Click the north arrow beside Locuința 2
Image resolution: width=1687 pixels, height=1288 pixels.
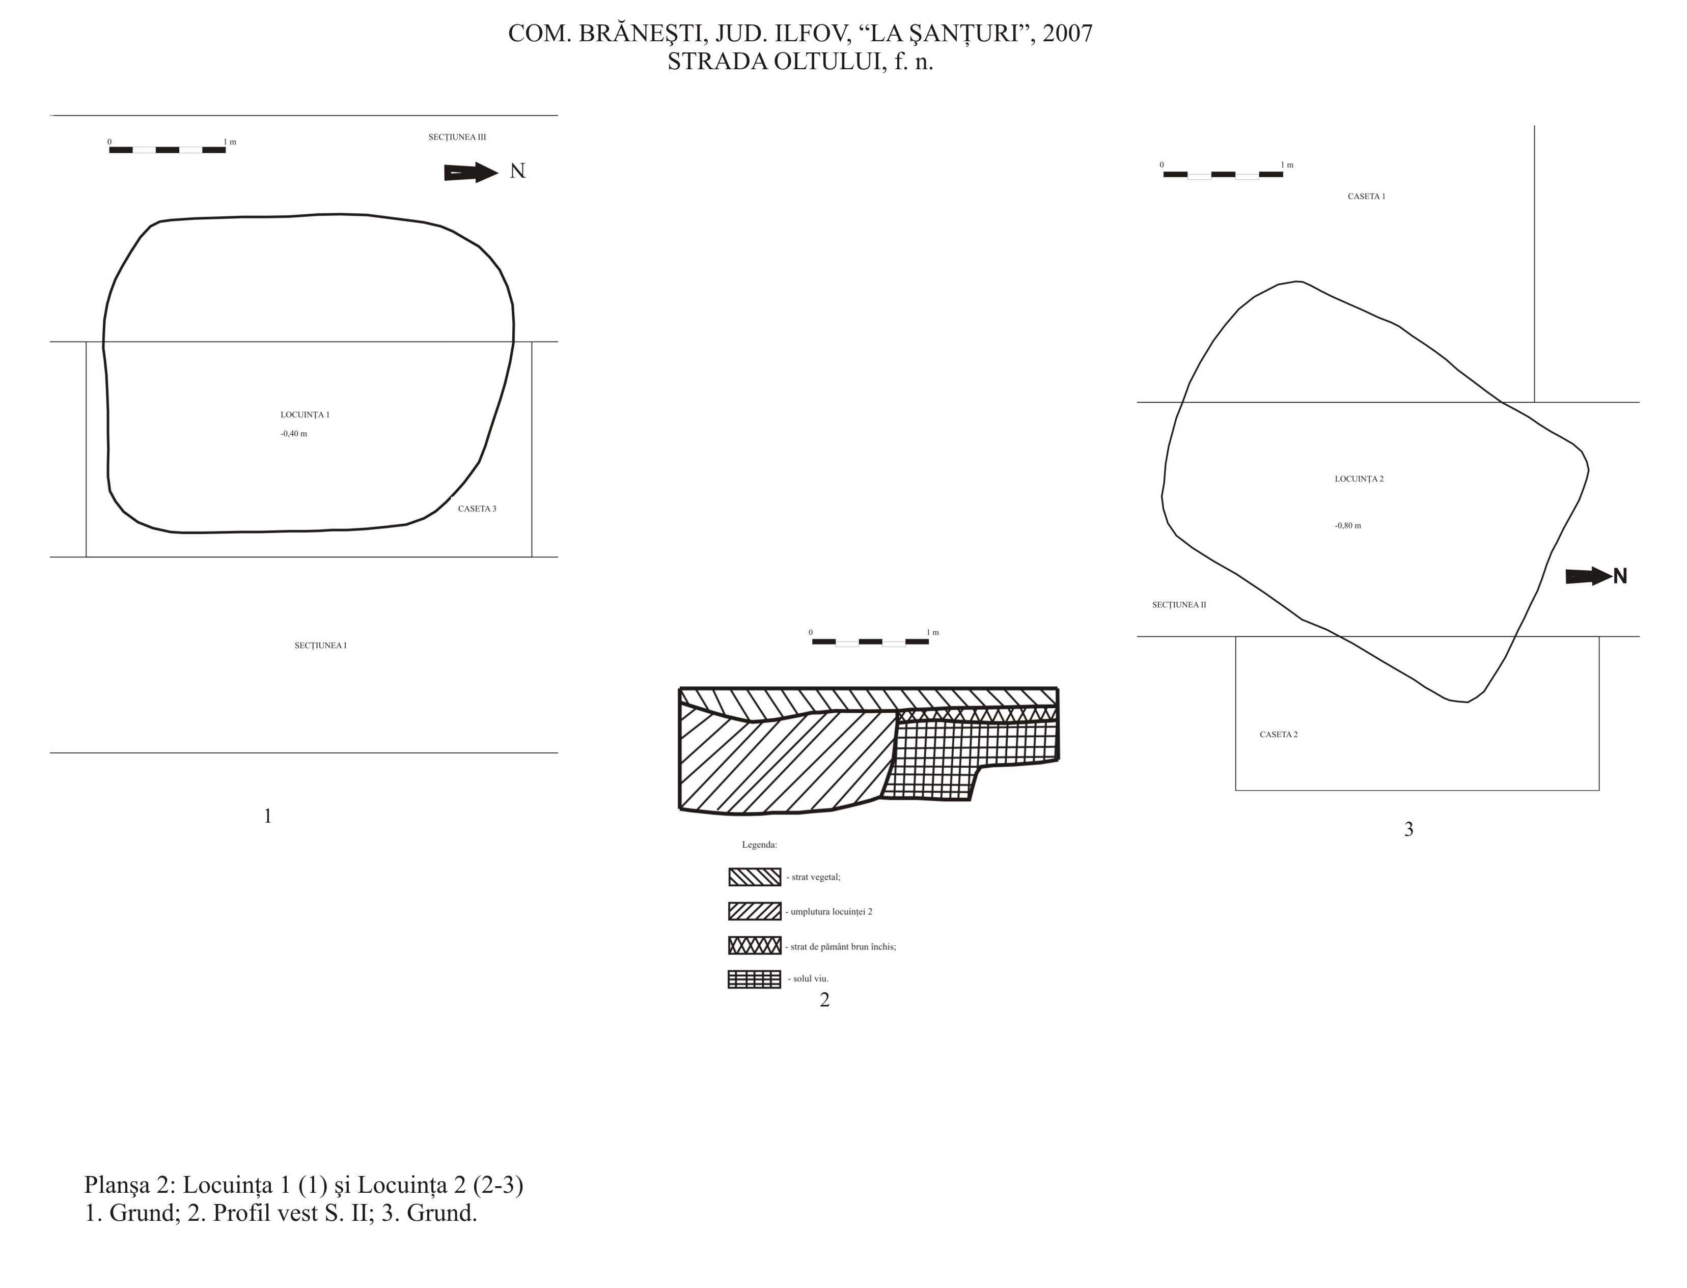[x=1588, y=576]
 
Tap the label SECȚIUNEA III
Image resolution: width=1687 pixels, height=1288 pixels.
[x=457, y=137]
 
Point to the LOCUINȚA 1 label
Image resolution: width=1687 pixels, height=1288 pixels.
[x=305, y=415]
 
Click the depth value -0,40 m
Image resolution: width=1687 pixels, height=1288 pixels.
[x=294, y=434]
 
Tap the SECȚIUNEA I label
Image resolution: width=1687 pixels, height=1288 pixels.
[x=320, y=646]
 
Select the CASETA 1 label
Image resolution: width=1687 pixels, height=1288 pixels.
[x=1367, y=197]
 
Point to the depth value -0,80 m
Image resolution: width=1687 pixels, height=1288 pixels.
[x=1348, y=526]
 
